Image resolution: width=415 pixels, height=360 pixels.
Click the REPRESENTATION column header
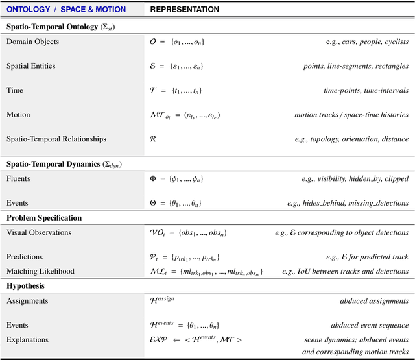(185, 10)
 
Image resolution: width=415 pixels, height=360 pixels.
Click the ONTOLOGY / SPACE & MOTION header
(66, 10)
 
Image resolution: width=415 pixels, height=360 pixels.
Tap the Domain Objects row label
(32, 42)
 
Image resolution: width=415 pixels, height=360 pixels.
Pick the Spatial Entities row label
(31, 66)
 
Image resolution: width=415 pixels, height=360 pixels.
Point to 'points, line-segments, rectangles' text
(356, 66)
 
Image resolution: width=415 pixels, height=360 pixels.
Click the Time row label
(14, 91)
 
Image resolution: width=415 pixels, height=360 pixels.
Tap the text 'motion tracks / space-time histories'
(351, 115)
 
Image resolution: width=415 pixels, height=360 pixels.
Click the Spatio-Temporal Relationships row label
(56, 139)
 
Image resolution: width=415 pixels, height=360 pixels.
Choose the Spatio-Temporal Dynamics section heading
(64, 164)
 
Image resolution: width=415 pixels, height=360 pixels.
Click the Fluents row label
(18, 178)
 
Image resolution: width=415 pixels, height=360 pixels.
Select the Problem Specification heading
(44, 218)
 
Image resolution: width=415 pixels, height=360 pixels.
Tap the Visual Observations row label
(39, 232)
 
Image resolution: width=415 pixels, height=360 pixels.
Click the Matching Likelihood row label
(40, 271)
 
